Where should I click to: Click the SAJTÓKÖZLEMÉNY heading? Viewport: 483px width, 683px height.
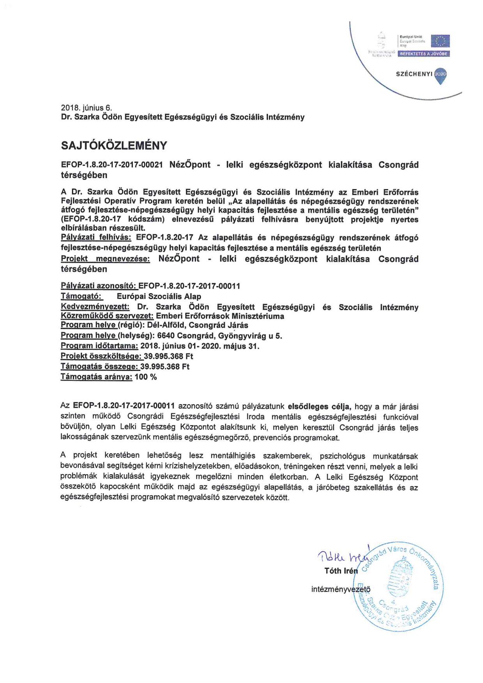(114, 145)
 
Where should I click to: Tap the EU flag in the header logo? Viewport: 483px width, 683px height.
(442, 41)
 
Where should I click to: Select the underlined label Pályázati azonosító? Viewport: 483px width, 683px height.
(98, 286)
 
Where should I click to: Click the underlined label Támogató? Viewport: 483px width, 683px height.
(82, 296)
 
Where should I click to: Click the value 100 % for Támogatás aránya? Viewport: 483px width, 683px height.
(145, 377)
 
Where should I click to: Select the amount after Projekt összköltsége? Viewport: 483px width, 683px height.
(168, 356)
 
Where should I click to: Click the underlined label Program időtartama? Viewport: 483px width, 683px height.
(99, 346)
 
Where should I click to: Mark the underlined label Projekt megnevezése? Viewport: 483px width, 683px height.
(105, 259)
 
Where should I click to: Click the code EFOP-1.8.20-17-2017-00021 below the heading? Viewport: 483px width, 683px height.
(112, 165)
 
